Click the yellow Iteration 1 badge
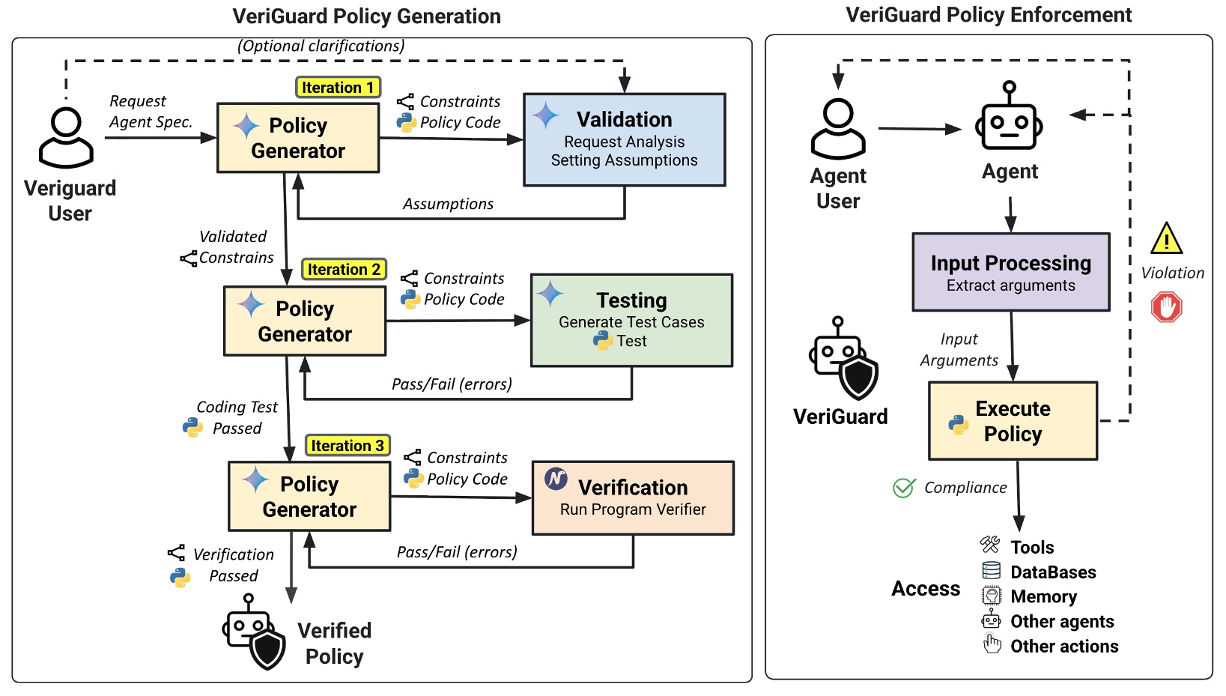339,88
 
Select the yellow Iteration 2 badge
344,270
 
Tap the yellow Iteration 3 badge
348,446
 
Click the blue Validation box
625,139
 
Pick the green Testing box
631,320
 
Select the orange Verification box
633,497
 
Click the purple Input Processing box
1010,272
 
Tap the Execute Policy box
1013,421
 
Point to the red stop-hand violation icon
1166,307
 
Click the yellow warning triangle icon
1166,239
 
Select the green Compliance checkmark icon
904,488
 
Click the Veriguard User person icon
67,137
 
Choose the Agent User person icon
838,129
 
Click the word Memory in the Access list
1043,597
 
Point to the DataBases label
1053,572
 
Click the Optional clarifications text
321,46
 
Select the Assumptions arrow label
448,204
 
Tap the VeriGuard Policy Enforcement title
989,15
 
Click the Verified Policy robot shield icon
255,632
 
